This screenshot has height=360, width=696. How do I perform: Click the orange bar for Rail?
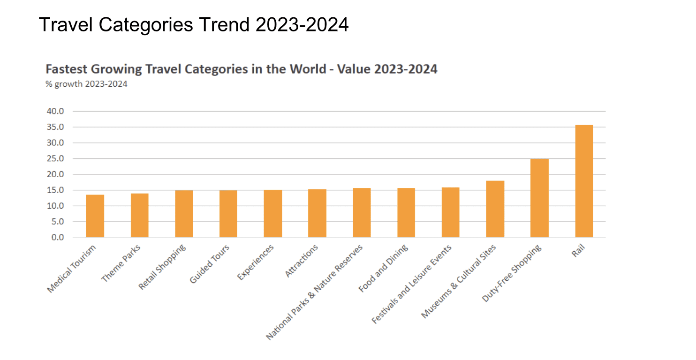[x=583, y=181]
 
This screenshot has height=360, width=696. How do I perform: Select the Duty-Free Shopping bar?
[x=539, y=198]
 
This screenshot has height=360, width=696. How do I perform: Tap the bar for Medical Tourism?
[x=95, y=216]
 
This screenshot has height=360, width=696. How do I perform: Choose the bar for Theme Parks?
[x=139, y=215]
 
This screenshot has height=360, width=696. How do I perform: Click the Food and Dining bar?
[x=406, y=212]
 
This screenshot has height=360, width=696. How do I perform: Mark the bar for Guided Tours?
[x=228, y=214]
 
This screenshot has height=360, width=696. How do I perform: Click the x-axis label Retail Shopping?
[x=163, y=267]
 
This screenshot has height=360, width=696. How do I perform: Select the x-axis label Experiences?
[x=256, y=263]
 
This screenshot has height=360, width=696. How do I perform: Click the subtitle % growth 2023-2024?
[x=86, y=84]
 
